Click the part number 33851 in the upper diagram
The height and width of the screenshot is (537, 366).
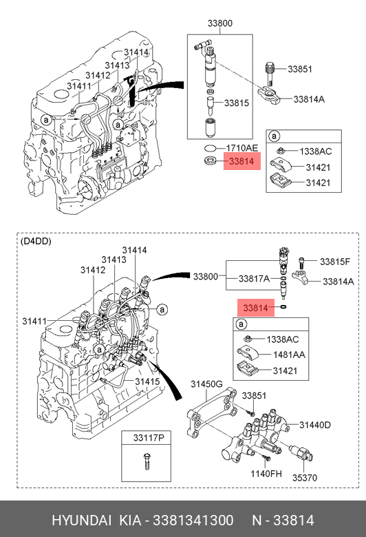(x=299, y=69)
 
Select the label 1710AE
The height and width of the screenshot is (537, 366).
(x=241, y=148)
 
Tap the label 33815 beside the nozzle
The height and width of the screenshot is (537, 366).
(x=236, y=103)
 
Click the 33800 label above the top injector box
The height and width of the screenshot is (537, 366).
(x=219, y=23)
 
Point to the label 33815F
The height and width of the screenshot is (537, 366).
(x=335, y=262)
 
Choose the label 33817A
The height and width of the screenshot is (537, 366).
(x=254, y=279)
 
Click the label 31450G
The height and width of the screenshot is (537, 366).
(x=206, y=384)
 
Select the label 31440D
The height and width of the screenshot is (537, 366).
(x=315, y=425)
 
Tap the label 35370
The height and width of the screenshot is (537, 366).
(x=304, y=477)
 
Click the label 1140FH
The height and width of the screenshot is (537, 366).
(x=266, y=474)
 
